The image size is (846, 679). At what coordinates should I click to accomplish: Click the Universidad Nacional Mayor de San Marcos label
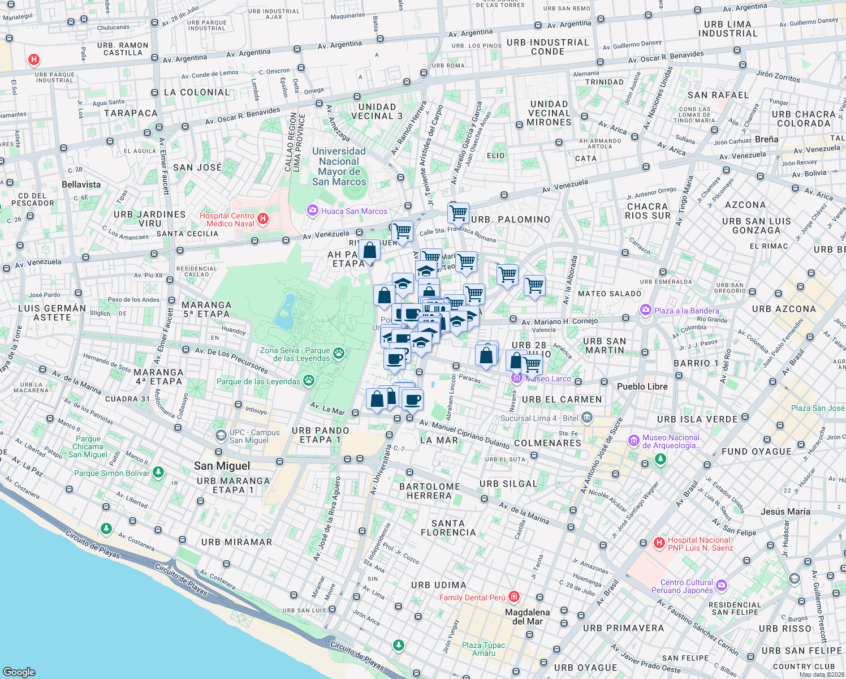pyautogui.click(x=339, y=166)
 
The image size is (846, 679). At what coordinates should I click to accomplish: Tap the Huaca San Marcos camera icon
pyautogui.click(x=312, y=210)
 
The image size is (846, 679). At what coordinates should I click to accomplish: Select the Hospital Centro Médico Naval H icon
pyautogui.click(x=262, y=218)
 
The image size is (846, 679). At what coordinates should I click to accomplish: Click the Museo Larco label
pyautogui.click(x=548, y=379)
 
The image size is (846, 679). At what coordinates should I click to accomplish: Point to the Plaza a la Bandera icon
pyautogui.click(x=645, y=310)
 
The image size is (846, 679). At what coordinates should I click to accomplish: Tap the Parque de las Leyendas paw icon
pyautogui.click(x=308, y=381)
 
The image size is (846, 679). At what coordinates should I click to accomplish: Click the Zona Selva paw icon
pyautogui.click(x=338, y=354)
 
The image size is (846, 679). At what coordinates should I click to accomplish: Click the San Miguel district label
pyautogui.click(x=222, y=466)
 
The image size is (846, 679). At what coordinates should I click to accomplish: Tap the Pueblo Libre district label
pyautogui.click(x=642, y=386)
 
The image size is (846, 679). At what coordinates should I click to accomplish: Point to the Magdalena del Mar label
pyautogui.click(x=527, y=617)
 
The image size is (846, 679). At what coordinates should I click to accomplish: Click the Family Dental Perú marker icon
pyautogui.click(x=513, y=597)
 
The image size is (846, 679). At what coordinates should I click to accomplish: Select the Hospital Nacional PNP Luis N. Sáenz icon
pyautogui.click(x=659, y=543)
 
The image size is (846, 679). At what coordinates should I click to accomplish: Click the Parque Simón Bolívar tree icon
pyautogui.click(x=158, y=472)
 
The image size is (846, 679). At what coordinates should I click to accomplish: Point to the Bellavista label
pyautogui.click(x=81, y=184)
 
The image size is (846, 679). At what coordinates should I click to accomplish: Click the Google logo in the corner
pyautogui.click(x=19, y=672)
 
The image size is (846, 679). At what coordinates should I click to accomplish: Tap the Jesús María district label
pyautogui.click(x=785, y=512)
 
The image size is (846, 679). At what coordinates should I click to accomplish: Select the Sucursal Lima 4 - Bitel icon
pyautogui.click(x=586, y=418)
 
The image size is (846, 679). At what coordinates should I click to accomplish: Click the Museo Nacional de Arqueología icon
pyautogui.click(x=634, y=440)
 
